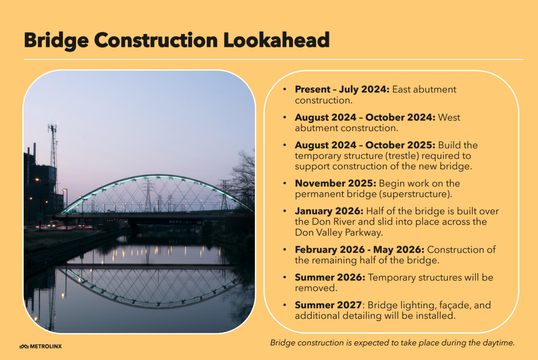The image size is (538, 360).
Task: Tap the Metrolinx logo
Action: (x=40, y=347)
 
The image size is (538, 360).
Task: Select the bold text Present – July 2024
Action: (x=342, y=89)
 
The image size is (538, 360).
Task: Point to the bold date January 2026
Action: (x=329, y=211)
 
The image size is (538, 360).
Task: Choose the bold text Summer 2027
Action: (x=328, y=305)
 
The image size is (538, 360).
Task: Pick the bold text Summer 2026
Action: (x=330, y=278)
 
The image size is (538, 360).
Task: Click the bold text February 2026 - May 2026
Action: (x=359, y=250)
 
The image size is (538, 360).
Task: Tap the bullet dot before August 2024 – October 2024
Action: (x=285, y=118)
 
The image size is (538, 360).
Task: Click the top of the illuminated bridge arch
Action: (x=156, y=177)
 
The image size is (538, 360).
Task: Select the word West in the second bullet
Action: (x=449, y=117)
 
